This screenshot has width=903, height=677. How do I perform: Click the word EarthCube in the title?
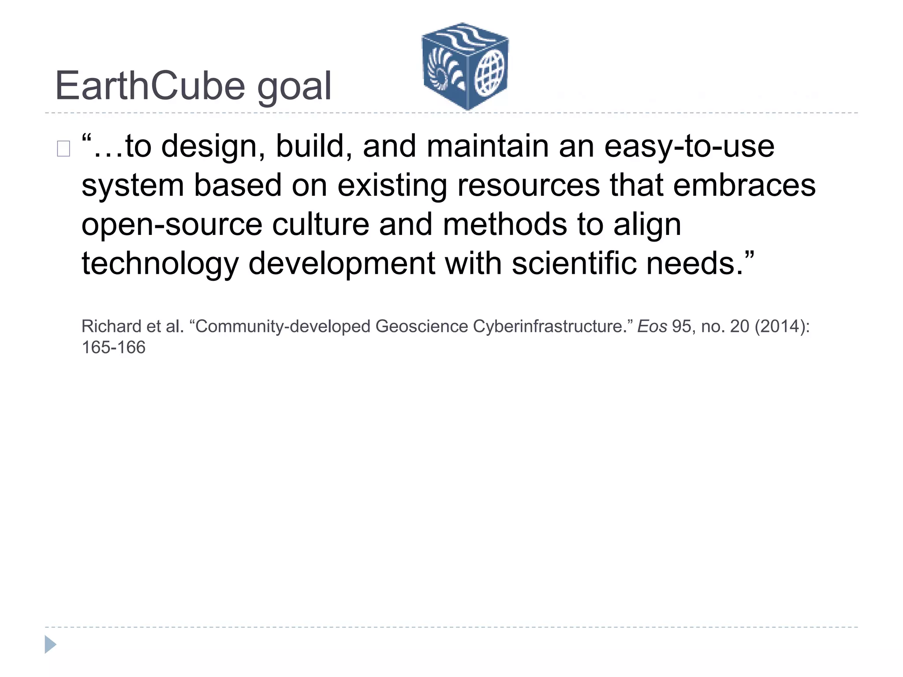click(150, 86)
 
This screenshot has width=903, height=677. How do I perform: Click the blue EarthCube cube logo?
click(465, 66)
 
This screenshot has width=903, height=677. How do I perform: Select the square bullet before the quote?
click(63, 149)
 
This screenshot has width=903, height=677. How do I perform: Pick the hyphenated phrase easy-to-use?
click(689, 147)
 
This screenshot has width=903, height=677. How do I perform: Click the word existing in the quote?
click(392, 186)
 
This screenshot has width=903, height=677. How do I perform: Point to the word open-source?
click(172, 225)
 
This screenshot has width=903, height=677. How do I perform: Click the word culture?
click(321, 224)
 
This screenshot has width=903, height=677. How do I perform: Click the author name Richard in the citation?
click(111, 327)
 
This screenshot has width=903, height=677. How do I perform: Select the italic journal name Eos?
click(652, 327)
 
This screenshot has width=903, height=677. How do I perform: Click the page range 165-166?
click(113, 348)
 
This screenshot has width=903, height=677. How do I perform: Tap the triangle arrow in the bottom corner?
click(50, 644)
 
